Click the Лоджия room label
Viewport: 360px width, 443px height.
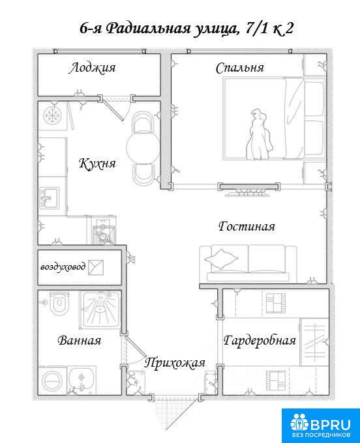[x=92, y=68]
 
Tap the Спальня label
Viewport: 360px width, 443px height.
[x=240, y=68]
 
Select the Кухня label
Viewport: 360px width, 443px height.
[x=97, y=164]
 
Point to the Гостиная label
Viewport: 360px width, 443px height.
[x=247, y=227]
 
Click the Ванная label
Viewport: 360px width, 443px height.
[x=80, y=340]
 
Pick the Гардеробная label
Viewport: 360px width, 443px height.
[x=260, y=341]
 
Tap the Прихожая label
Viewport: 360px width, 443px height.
[x=175, y=363]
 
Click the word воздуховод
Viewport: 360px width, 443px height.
[x=63, y=267]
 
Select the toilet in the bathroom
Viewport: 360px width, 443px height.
[x=59, y=303]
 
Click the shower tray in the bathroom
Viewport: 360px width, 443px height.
[x=100, y=309]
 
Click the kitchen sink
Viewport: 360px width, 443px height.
[x=50, y=197]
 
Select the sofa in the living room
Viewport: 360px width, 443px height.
[x=248, y=263]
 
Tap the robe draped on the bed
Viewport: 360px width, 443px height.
[x=259, y=135]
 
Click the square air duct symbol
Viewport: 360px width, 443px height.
[x=96, y=268]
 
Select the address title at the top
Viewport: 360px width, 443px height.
[x=186, y=29]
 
